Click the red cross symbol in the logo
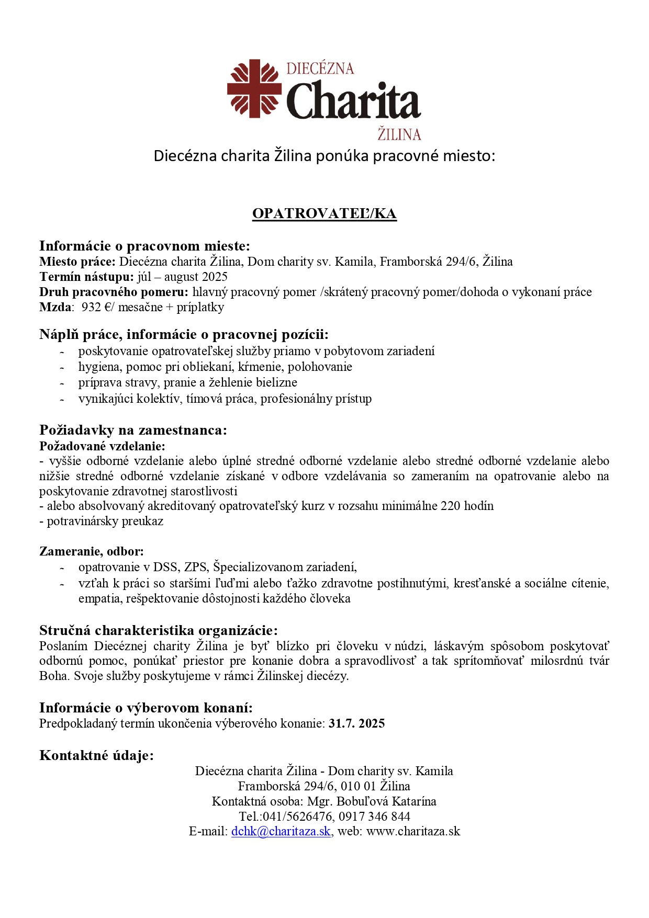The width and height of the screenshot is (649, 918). (x=254, y=88)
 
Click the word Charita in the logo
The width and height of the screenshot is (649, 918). (x=354, y=100)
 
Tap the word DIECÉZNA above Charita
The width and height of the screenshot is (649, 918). (x=320, y=69)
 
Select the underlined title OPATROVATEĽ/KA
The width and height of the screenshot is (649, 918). (x=324, y=213)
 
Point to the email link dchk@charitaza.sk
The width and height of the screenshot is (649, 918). (x=281, y=831)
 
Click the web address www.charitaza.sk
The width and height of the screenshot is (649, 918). (x=413, y=831)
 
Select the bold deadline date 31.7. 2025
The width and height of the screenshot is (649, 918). (x=356, y=723)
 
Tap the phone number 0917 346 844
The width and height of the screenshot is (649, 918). (x=374, y=816)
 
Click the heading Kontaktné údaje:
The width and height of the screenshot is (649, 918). (x=97, y=755)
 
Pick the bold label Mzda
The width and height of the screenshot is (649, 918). (x=55, y=307)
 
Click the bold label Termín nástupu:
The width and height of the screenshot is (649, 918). (x=87, y=277)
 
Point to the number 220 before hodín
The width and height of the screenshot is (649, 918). (x=451, y=506)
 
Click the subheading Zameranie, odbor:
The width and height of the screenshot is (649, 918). (x=92, y=551)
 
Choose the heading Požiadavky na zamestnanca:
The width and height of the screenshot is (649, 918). (x=133, y=430)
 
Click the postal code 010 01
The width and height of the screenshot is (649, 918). (x=358, y=786)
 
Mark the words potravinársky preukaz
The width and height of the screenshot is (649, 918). (x=105, y=521)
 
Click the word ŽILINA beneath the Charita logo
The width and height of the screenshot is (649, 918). (x=399, y=134)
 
